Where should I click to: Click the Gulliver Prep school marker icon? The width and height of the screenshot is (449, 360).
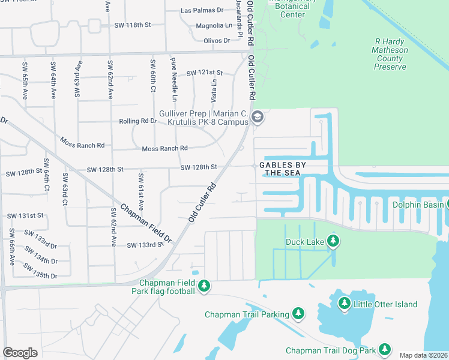258,116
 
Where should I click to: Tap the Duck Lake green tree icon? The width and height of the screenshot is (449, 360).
334,242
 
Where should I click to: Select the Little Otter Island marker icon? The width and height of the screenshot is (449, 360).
345,304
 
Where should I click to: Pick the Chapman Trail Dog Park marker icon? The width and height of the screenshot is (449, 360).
384,350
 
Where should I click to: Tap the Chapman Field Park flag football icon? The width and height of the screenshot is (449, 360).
205,286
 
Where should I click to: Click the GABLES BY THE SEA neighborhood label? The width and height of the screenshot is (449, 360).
282,169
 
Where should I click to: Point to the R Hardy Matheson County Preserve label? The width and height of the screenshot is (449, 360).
390,54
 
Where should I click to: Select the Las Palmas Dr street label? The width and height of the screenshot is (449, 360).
202,11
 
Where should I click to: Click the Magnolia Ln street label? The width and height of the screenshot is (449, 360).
214,26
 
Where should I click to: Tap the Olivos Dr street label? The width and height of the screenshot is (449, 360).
217,40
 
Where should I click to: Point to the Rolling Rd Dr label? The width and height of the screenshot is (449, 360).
137,121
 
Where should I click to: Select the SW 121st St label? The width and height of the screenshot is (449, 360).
205,73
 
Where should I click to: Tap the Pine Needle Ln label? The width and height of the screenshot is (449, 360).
174,80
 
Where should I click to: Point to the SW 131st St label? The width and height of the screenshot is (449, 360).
25,215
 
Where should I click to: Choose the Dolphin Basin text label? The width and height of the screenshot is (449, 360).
418,205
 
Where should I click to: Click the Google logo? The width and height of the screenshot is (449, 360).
20,352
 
